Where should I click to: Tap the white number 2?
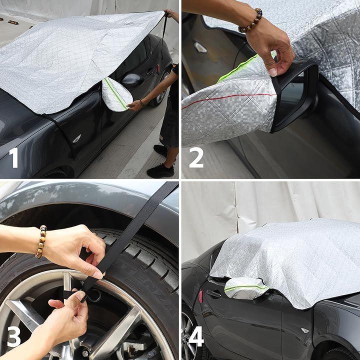(x=196, y=157)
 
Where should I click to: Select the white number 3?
(x=14, y=336)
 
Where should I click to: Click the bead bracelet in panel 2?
(x=251, y=21)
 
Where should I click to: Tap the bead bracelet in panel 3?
(x=41, y=241)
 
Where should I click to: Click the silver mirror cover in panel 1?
(x=116, y=94)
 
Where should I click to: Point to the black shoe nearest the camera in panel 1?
(x=160, y=171)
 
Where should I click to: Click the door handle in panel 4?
(x=214, y=293)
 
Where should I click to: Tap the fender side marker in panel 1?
(x=77, y=138)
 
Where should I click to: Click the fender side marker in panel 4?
(x=305, y=330)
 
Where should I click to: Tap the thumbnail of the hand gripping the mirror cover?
(x=273, y=72)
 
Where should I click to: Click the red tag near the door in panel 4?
(x=201, y=296)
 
